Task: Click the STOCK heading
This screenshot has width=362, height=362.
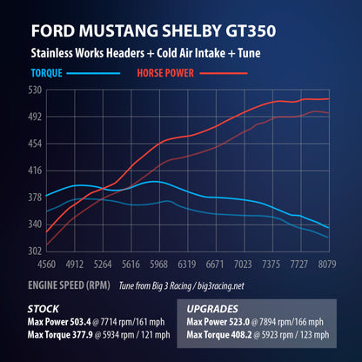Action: pos(44,307)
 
